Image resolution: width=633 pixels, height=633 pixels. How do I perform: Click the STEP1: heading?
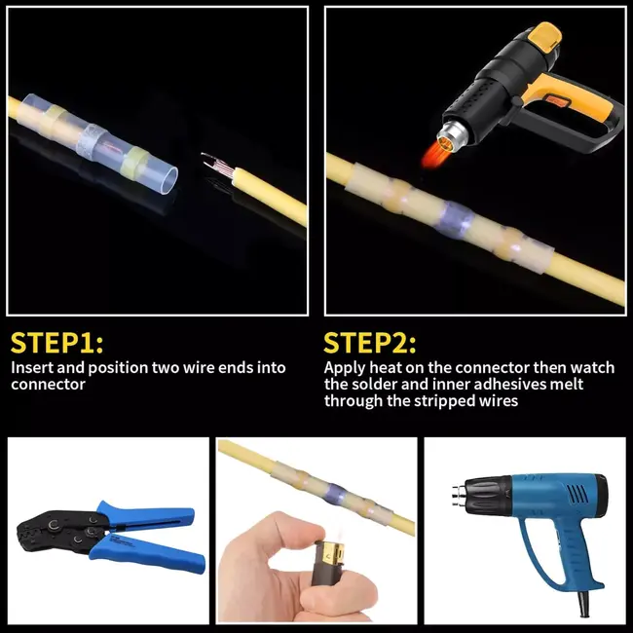(x=56, y=343)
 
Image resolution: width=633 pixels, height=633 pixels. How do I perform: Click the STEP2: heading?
(x=370, y=343)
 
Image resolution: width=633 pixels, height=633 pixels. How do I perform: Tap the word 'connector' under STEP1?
(x=48, y=385)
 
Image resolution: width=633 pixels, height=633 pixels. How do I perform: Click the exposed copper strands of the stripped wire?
(x=217, y=166)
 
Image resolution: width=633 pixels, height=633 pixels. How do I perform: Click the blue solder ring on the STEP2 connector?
(x=456, y=218)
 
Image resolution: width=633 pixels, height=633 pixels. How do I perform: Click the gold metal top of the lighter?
(x=332, y=550)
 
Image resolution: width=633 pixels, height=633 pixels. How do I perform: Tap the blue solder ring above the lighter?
(x=335, y=494)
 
